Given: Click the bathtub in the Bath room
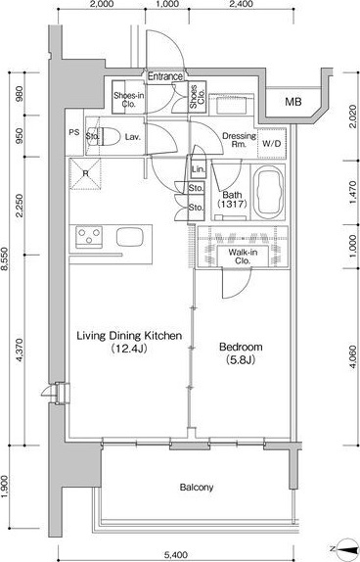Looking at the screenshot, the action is click(268, 192).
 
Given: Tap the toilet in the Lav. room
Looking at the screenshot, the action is click(108, 136).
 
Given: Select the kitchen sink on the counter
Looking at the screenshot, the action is click(130, 237).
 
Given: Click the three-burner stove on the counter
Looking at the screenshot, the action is click(89, 237).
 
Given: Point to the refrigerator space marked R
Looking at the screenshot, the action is click(85, 173).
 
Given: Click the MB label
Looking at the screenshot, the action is click(293, 102).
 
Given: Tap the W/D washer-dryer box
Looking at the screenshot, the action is click(272, 144).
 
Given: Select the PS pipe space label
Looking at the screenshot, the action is click(74, 132).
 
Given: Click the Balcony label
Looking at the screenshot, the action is click(197, 487).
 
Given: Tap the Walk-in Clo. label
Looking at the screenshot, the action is click(243, 257).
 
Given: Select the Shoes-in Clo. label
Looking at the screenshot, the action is click(128, 100).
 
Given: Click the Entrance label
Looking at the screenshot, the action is click(164, 76).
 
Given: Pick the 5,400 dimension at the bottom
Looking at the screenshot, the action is click(176, 555).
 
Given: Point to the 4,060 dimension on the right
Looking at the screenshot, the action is click(353, 357).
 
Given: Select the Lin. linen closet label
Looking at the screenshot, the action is click(198, 169).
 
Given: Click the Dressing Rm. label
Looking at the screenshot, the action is click(240, 140).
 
